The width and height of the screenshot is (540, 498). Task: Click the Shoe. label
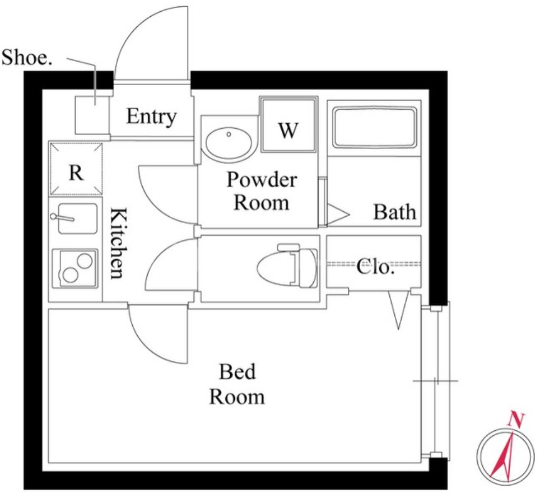(x=27, y=57)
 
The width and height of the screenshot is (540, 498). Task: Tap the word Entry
(x=152, y=118)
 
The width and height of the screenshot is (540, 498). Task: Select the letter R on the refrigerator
(x=76, y=173)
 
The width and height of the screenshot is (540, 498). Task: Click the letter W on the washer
(x=288, y=130)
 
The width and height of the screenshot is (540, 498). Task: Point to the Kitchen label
(x=117, y=243)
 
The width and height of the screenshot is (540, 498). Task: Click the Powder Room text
(x=262, y=190)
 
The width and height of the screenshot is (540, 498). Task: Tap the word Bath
(x=395, y=212)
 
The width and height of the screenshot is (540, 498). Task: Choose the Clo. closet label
(x=375, y=267)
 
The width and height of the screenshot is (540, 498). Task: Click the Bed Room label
(x=238, y=384)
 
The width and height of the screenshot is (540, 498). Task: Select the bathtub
(x=374, y=128)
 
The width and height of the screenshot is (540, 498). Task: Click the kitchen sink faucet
(x=62, y=218)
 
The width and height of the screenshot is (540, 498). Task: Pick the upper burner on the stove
(x=85, y=260)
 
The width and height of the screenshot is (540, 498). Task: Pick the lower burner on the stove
(x=70, y=275)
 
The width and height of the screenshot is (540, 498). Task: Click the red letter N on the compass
(x=516, y=419)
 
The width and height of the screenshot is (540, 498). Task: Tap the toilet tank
(x=307, y=268)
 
